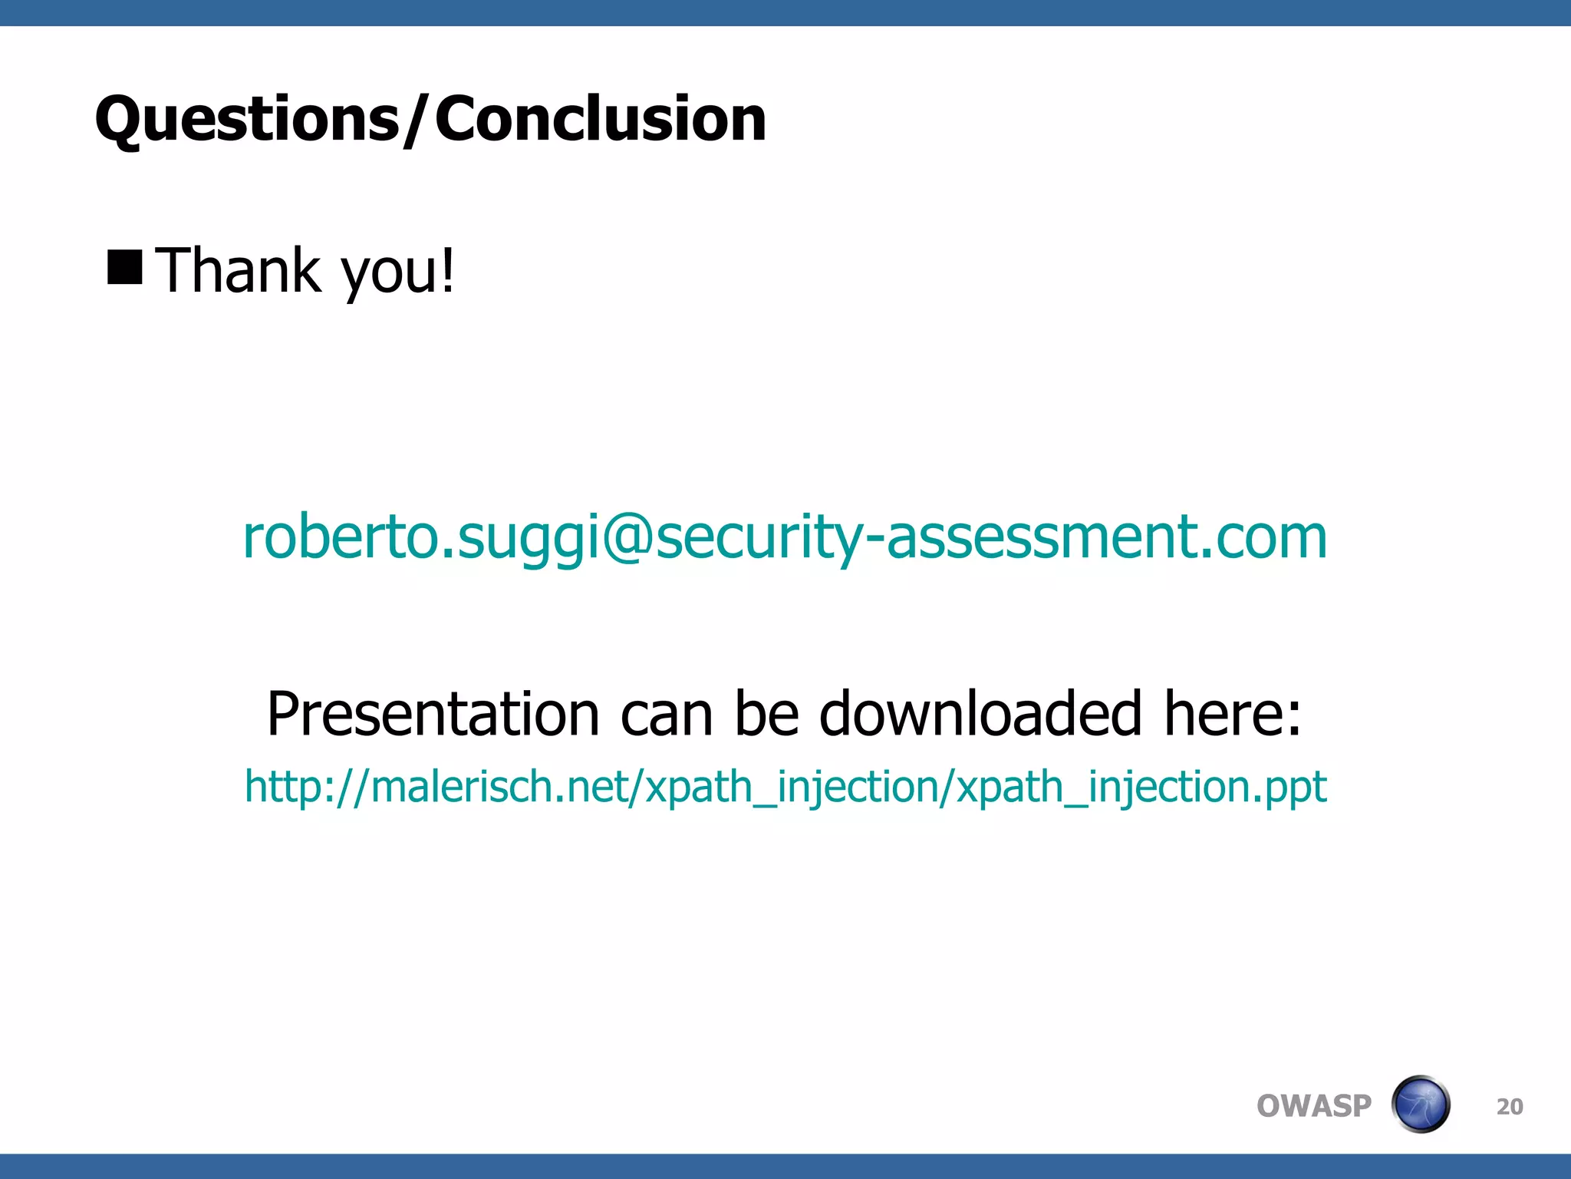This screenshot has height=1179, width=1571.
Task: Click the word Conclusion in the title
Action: [x=601, y=120]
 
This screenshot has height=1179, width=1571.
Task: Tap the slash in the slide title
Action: [x=417, y=120]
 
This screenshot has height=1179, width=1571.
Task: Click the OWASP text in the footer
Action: [x=1313, y=1106]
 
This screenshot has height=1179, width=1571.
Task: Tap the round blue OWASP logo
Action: [x=1420, y=1105]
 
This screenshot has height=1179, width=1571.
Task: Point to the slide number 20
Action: [x=1510, y=1107]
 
